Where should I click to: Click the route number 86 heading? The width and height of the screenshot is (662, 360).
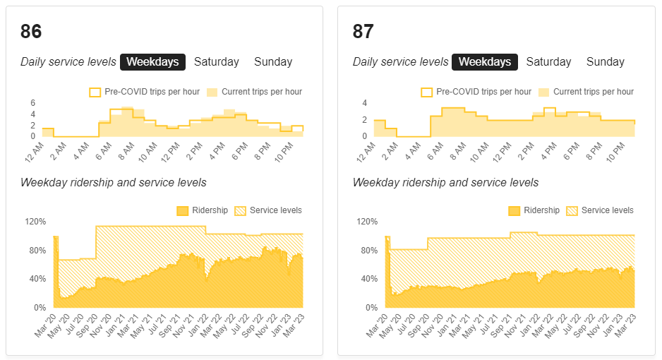(x=31, y=32)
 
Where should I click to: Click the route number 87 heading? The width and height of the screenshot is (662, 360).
(x=363, y=32)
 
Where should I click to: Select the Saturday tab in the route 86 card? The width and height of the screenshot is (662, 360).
(x=217, y=62)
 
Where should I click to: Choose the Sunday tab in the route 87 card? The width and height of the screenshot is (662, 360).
(x=605, y=62)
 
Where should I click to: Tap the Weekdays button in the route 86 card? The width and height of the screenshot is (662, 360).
(x=152, y=62)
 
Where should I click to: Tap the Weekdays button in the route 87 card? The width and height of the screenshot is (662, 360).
(x=484, y=62)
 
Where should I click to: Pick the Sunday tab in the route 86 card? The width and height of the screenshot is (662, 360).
(x=273, y=62)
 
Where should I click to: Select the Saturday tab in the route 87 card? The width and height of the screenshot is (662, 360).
(x=548, y=62)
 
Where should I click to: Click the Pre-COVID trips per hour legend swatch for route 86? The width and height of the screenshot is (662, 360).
(x=95, y=92)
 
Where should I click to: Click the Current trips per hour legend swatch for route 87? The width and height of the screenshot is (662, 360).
(x=543, y=92)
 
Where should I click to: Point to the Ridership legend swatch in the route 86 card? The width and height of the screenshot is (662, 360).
(x=182, y=210)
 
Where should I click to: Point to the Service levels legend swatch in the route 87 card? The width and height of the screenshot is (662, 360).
(x=572, y=210)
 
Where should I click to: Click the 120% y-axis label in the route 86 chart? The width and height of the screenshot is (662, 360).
(x=35, y=222)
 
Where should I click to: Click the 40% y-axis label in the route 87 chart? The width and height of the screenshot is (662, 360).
(x=367, y=279)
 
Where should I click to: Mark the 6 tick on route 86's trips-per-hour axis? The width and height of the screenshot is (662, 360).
(x=32, y=103)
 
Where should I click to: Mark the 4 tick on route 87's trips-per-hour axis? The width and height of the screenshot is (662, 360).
(x=365, y=103)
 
